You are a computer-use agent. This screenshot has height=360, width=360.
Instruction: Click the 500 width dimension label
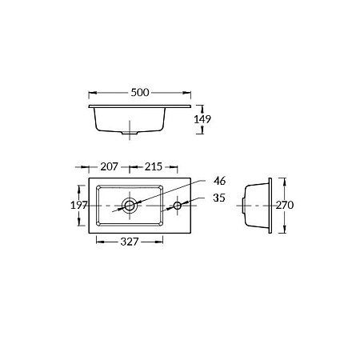[140, 93]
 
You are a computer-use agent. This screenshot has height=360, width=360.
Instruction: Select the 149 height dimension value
[202, 119]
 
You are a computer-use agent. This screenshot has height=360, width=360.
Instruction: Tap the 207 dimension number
[109, 166]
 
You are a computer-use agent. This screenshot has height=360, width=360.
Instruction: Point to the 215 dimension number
[154, 166]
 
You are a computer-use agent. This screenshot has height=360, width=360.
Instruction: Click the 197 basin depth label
[79, 205]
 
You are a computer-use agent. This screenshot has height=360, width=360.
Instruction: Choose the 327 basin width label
[130, 242]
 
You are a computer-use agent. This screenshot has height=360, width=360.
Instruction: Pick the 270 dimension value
[285, 205]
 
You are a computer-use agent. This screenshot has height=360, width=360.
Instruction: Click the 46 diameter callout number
[220, 181]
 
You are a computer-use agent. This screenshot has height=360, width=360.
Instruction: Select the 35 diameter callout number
[219, 198]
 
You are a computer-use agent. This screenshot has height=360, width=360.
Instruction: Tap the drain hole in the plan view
[130, 206]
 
